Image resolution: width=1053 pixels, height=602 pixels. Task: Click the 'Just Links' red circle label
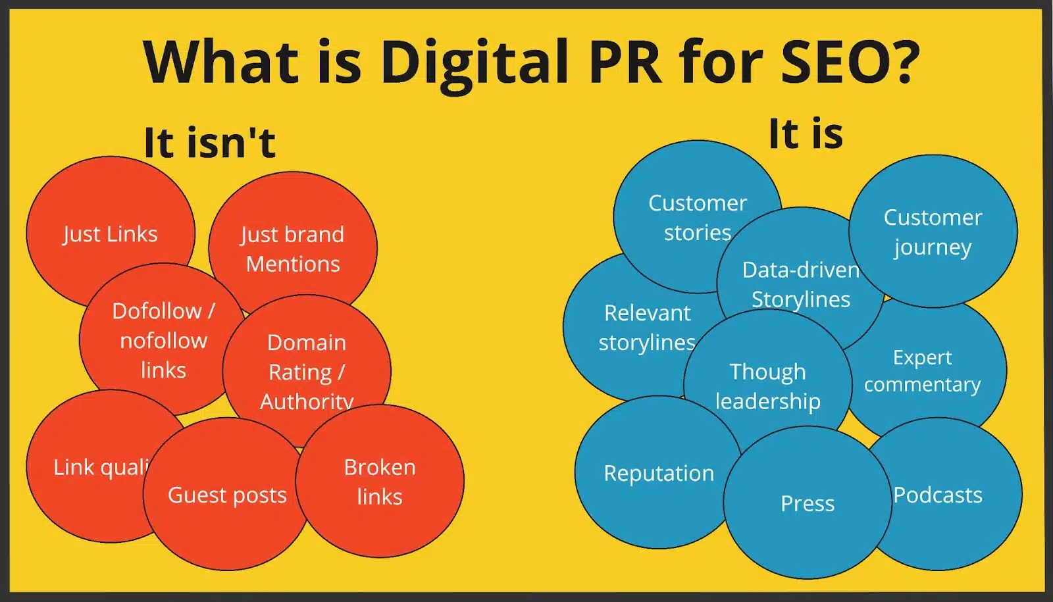(x=110, y=234)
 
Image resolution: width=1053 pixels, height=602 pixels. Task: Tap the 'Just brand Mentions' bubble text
(x=292, y=249)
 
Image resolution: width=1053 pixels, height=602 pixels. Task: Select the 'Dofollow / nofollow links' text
(x=163, y=340)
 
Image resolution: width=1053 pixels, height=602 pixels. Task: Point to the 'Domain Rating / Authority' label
(x=306, y=372)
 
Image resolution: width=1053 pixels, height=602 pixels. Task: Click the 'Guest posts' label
(x=227, y=495)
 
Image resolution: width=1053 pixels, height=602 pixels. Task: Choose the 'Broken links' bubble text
(x=379, y=482)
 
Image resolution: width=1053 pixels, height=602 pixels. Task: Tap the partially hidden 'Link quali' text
(x=101, y=467)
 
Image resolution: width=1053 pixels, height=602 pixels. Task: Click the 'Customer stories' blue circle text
(x=698, y=217)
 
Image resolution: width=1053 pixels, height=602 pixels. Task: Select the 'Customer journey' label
(x=933, y=232)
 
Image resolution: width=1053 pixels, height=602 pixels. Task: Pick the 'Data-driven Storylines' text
(x=801, y=284)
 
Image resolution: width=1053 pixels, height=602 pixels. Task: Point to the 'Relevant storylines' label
(x=647, y=328)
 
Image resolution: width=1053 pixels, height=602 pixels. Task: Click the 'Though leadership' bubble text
(x=767, y=386)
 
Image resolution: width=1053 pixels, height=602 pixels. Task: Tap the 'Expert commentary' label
(x=922, y=370)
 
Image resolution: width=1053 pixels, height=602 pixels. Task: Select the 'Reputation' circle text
(x=659, y=473)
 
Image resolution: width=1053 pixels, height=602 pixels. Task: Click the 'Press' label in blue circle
(x=808, y=503)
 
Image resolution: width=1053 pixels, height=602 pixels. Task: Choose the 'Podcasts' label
(x=937, y=495)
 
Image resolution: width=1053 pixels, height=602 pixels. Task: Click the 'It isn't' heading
(x=209, y=142)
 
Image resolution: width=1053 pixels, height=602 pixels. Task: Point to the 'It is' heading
(x=806, y=134)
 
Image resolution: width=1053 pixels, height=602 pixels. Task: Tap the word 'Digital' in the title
(x=474, y=63)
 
